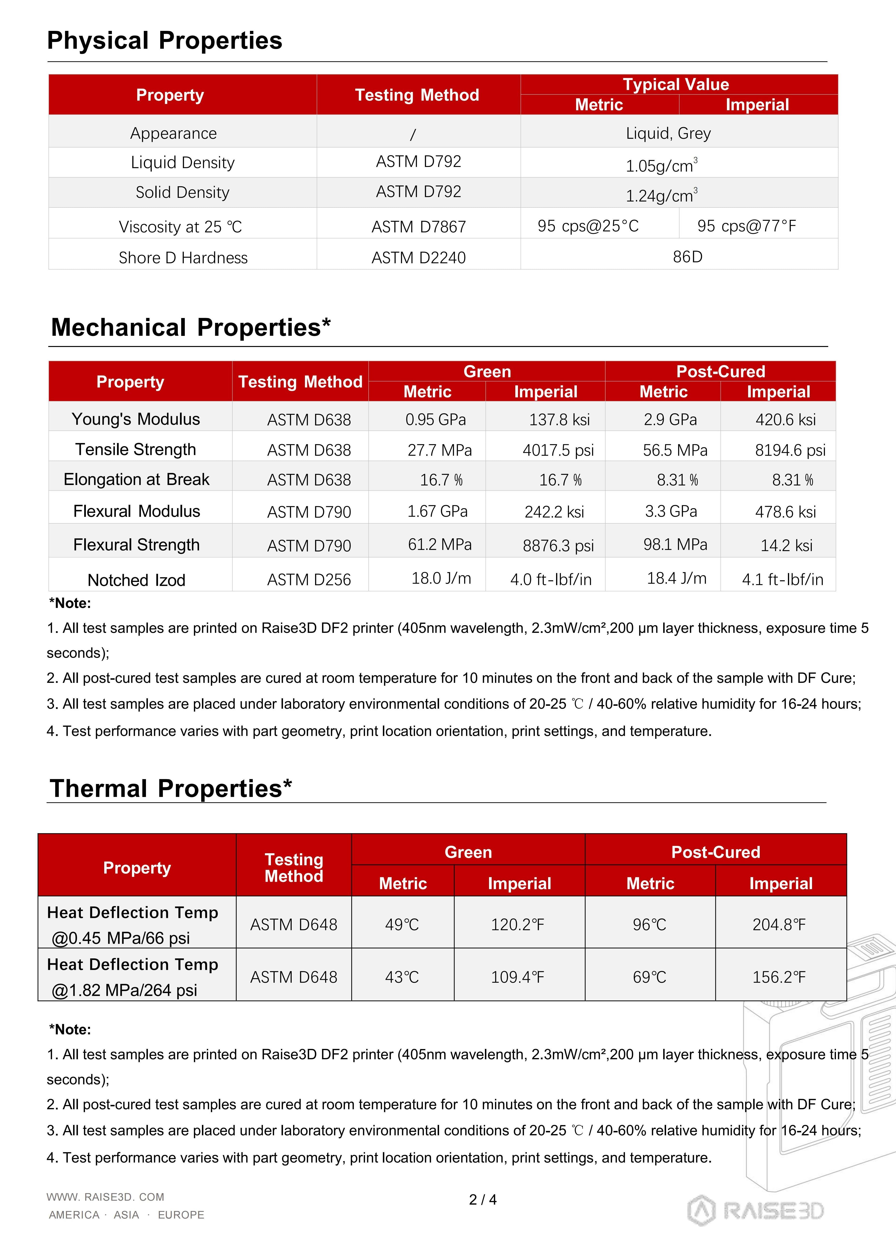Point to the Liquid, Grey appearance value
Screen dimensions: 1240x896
[x=668, y=133]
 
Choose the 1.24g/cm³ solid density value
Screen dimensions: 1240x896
[x=661, y=195]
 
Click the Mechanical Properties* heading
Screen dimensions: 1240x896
[x=191, y=327]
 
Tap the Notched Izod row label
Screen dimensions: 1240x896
[x=137, y=580]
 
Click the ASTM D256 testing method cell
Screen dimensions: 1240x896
[x=309, y=580]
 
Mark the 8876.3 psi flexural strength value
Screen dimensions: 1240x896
[x=558, y=545]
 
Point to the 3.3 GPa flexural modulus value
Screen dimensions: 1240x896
[x=671, y=511]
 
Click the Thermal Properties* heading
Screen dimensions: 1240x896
[x=171, y=788]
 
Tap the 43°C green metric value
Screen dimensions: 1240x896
[x=402, y=977]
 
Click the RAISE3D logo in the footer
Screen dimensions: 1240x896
[x=755, y=1211]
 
